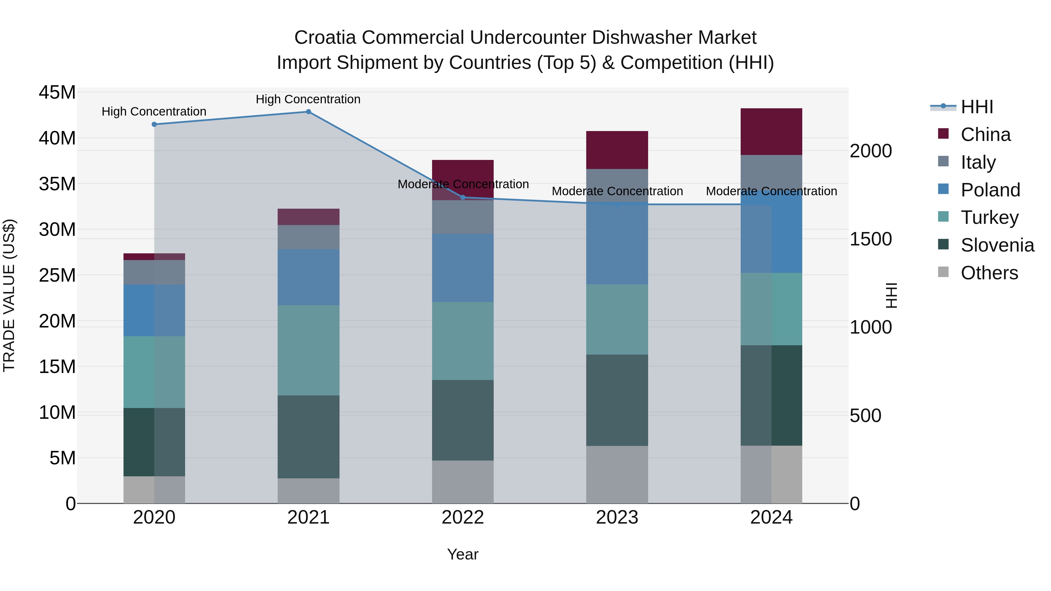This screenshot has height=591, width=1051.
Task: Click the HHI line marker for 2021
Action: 309,112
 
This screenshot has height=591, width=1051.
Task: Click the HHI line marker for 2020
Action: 154,124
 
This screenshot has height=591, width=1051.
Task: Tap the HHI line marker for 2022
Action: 463,197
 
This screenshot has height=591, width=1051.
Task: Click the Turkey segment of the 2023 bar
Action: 617,319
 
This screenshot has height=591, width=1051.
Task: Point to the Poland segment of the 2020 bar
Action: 154,311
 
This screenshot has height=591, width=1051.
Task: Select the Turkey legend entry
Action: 989,217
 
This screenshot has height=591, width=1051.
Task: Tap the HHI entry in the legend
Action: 976,107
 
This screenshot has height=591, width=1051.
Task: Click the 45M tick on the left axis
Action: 57,93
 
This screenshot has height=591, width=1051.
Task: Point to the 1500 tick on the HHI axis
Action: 871,239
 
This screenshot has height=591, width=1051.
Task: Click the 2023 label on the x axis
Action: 617,517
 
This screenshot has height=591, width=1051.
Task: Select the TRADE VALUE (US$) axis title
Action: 9,295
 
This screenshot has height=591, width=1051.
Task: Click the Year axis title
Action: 463,554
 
